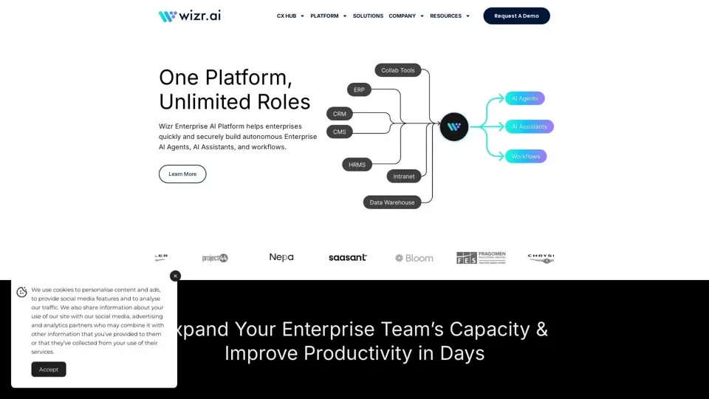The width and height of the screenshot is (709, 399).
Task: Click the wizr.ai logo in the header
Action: (x=189, y=16)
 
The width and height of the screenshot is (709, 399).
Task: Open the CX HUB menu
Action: (x=290, y=16)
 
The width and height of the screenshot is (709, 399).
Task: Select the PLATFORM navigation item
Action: (x=328, y=16)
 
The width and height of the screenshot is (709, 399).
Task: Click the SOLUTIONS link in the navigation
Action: (x=368, y=16)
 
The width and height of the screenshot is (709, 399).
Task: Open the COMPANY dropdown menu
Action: (x=406, y=16)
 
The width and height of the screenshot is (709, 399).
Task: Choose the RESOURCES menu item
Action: (x=450, y=16)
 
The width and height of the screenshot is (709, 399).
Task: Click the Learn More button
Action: (x=182, y=174)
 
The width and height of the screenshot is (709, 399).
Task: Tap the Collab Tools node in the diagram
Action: (x=398, y=70)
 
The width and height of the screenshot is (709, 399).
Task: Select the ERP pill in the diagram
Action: (x=359, y=89)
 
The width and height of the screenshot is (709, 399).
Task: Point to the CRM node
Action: (x=340, y=114)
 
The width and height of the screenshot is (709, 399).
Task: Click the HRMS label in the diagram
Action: (x=357, y=165)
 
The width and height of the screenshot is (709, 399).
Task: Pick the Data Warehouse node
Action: (x=392, y=202)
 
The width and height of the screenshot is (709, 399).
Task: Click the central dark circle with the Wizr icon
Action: (x=454, y=126)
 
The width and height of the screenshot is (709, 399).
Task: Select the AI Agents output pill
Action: (x=525, y=98)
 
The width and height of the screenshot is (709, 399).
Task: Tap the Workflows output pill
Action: (x=526, y=157)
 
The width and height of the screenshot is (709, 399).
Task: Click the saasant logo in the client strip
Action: (x=347, y=258)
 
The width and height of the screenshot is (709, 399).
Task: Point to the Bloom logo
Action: (x=414, y=258)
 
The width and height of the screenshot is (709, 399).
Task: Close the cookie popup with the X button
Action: (x=175, y=276)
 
